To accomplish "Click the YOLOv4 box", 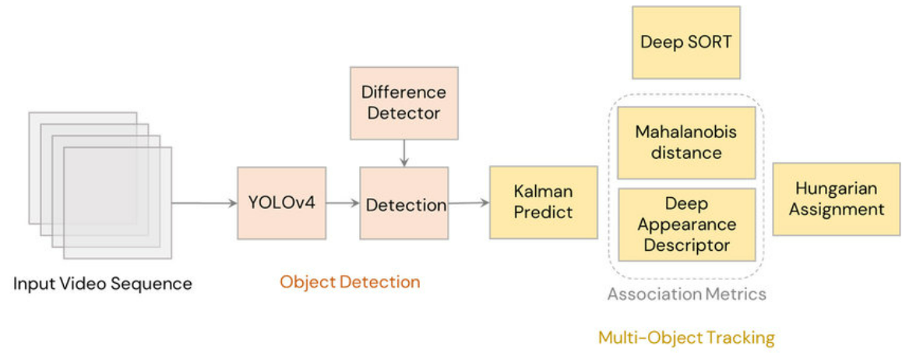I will [x=281, y=203].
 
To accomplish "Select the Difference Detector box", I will [x=403, y=103].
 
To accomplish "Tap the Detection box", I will [x=403, y=203].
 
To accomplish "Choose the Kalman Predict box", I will [x=543, y=202].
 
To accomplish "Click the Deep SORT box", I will [x=685, y=42].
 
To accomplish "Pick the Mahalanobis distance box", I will [x=685, y=143].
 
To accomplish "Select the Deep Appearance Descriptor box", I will [x=685, y=224].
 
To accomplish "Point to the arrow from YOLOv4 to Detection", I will [x=342, y=203].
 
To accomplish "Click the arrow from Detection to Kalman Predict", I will [x=468, y=203].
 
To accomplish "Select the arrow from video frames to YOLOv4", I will [x=204, y=203].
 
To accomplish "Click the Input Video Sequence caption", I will [x=102, y=283].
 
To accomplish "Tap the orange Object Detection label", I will [x=350, y=282].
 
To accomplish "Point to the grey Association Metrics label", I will [x=686, y=294].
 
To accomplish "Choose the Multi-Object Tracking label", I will [x=686, y=337].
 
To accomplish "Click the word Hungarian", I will [x=836, y=189].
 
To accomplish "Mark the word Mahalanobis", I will [x=685, y=132].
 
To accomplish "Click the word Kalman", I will [x=543, y=191].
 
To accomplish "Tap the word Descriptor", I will [x=685, y=245].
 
